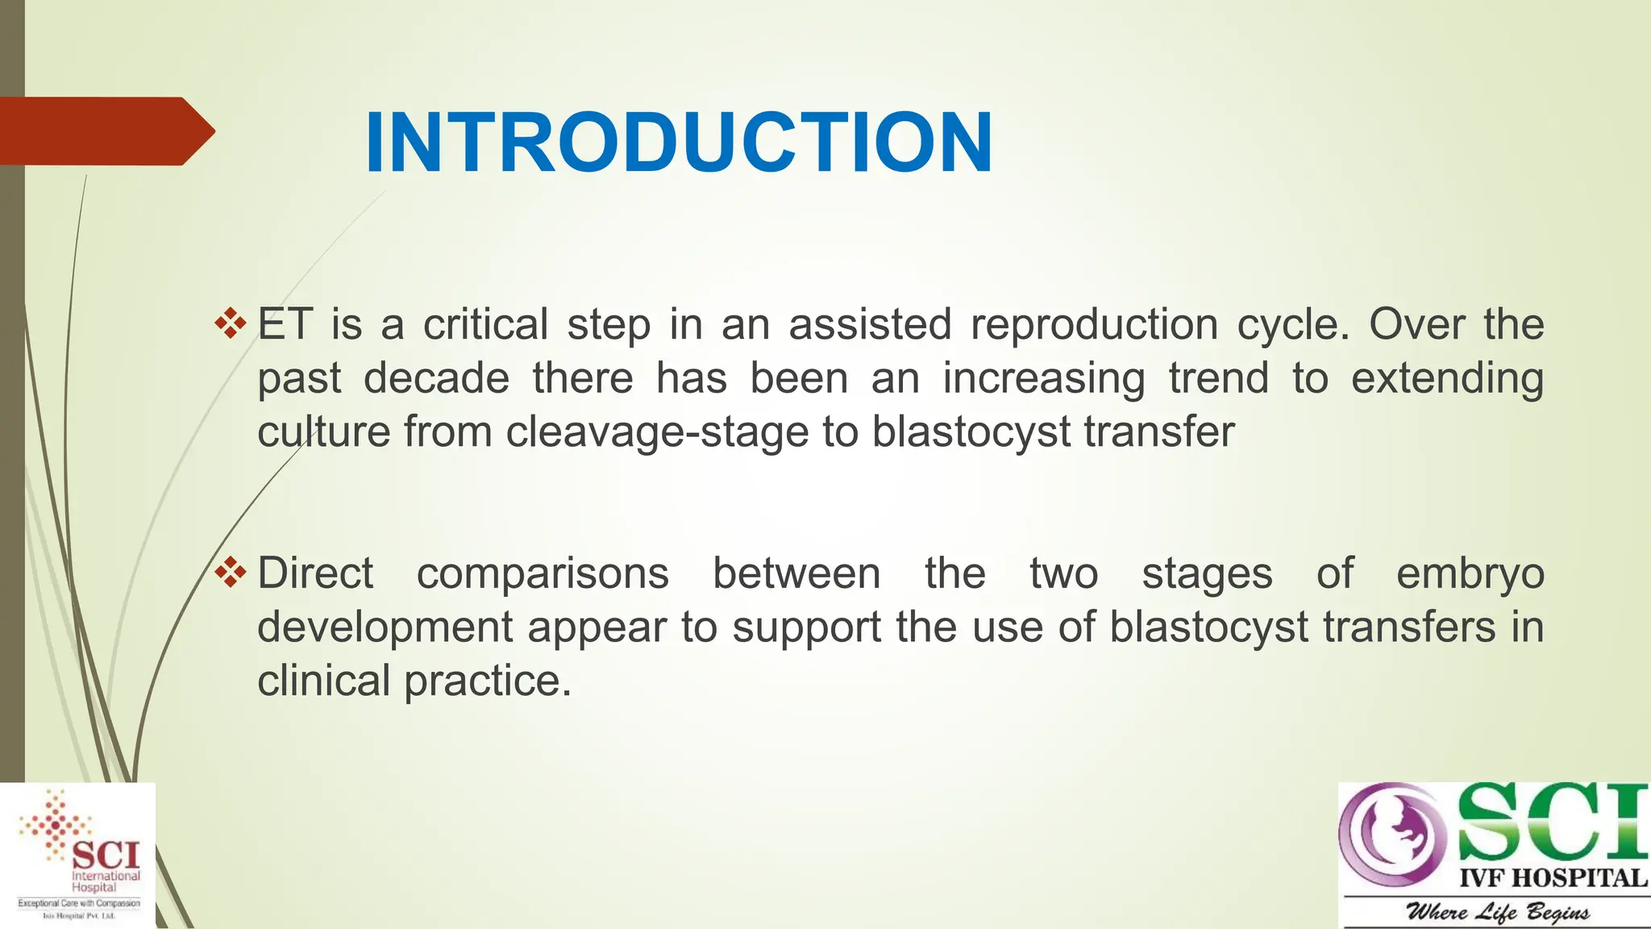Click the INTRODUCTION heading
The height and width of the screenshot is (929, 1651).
point(679,143)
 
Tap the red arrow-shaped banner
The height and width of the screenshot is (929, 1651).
point(106,131)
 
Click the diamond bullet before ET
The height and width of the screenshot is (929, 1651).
point(231,323)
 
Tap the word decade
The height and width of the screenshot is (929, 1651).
point(436,378)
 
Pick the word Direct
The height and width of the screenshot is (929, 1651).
point(315,573)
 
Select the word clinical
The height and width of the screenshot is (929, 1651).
point(324,681)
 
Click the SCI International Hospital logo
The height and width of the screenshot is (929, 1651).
point(78,855)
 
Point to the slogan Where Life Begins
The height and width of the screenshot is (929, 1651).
point(1498,912)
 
